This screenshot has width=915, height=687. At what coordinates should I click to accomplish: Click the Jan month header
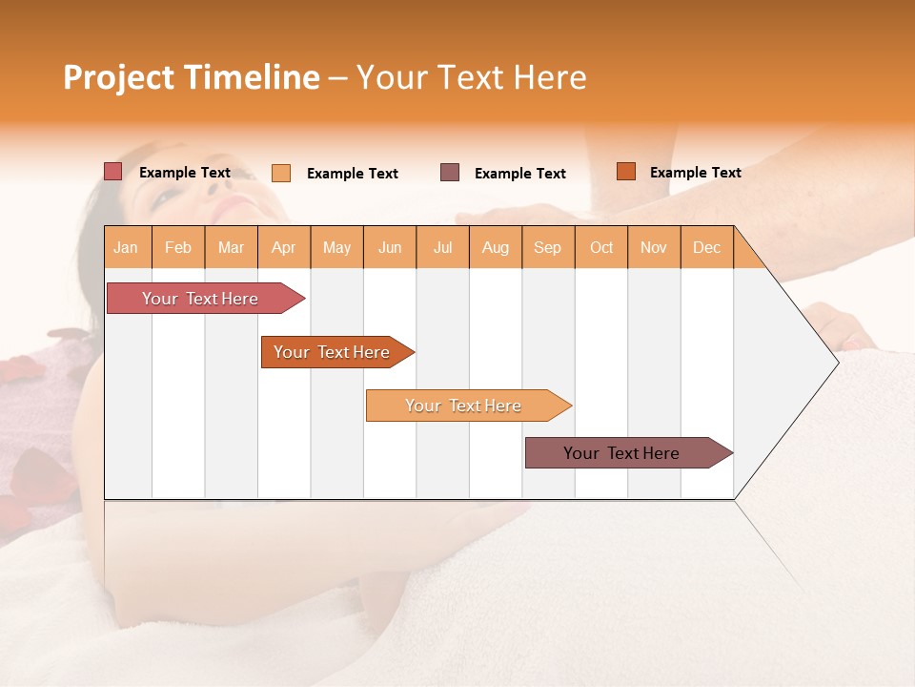(x=126, y=247)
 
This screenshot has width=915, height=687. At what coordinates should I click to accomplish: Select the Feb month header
(x=178, y=247)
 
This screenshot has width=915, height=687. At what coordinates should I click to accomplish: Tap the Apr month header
(x=283, y=247)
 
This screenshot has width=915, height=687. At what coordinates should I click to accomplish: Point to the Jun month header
(x=390, y=247)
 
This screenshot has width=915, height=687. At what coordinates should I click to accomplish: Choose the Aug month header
(x=495, y=247)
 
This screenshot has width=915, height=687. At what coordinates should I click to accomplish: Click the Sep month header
(x=547, y=247)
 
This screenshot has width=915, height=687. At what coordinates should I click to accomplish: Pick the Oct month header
(x=601, y=247)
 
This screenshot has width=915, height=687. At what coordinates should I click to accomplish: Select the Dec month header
(x=706, y=247)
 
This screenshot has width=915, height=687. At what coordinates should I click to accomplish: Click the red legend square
(x=113, y=172)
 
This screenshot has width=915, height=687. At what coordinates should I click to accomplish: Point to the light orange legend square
(x=281, y=173)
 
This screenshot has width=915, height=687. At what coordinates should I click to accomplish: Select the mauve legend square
(x=450, y=172)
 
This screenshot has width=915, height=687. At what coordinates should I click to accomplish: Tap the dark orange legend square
(x=625, y=172)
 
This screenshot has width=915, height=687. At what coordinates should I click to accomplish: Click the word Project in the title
(x=118, y=77)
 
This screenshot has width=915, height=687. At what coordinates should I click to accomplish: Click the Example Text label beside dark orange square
(x=695, y=173)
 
